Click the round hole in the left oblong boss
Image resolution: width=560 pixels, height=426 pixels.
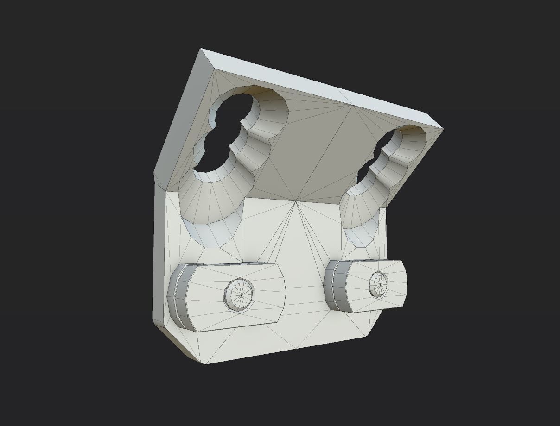tap(240, 294)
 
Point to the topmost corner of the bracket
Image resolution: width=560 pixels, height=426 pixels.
tap(201, 49)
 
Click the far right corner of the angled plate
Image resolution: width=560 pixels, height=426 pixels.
tap(443, 128)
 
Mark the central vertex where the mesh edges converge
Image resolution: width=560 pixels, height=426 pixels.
tap(295, 201)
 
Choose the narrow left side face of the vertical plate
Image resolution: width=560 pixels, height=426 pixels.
tap(159, 255)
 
